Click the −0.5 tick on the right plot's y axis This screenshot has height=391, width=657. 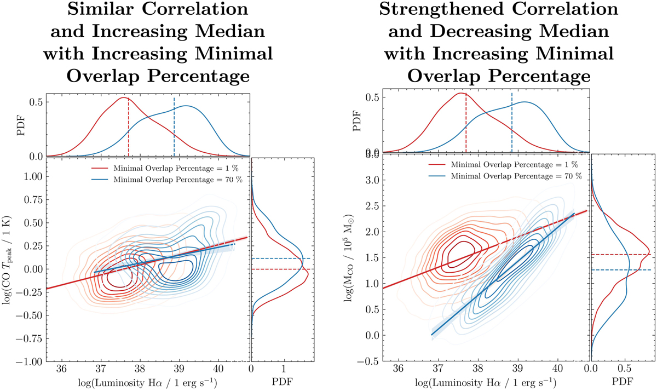[372, 361]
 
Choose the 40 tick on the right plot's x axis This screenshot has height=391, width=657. [557, 370]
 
